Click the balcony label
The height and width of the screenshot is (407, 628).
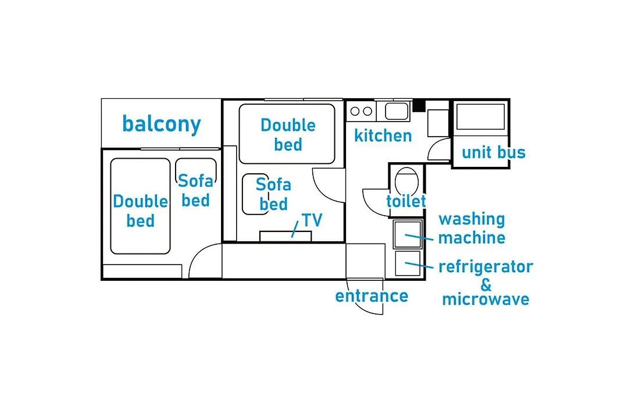tap(162, 124)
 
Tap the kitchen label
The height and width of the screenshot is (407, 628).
tap(383, 136)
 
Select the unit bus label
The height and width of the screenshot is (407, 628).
tap(494, 152)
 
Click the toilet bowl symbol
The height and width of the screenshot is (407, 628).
tap(406, 181)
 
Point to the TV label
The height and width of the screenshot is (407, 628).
tap(312, 220)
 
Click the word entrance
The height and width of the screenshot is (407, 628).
tap(372, 296)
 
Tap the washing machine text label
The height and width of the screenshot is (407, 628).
tap(472, 229)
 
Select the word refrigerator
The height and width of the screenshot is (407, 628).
tap(486, 267)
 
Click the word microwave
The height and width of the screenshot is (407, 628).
tap(486, 299)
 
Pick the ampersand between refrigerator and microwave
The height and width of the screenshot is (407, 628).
tap(486, 284)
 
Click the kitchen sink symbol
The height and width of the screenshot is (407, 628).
tap(397, 111)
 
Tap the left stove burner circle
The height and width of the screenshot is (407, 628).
tap(355, 112)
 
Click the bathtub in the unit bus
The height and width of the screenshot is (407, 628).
tap(481, 117)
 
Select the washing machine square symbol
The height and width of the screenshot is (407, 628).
tap(408, 234)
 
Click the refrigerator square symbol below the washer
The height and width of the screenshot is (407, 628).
tap(408, 263)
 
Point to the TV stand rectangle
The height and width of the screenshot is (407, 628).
tap(286, 236)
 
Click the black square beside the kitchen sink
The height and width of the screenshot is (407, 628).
tap(419, 105)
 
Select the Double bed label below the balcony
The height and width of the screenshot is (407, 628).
tap(140, 210)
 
